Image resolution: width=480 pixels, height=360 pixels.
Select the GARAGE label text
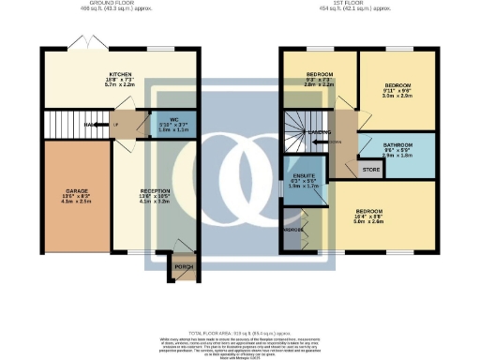[x=63, y=189]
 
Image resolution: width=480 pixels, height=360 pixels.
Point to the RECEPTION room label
[x=155, y=189]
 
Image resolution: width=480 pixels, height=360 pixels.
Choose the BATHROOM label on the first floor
[x=397, y=144]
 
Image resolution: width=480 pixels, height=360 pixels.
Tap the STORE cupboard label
[x=370, y=170]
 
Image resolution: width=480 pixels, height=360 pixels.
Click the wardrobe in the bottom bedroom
[x=295, y=231]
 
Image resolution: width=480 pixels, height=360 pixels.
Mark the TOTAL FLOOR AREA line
[x=239, y=333]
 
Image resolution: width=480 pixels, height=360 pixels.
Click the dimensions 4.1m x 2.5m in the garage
[x=63, y=202]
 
